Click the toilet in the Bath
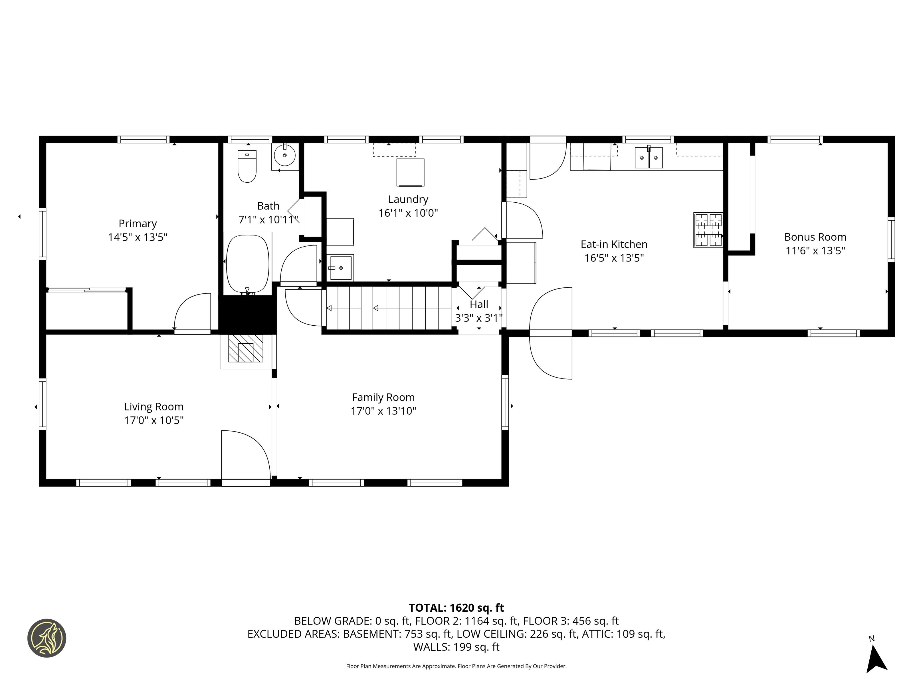[x=247, y=166]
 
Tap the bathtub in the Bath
[x=248, y=263]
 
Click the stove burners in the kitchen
[x=708, y=230]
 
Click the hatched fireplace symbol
[x=246, y=348]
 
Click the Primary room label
[x=138, y=223]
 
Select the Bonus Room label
[x=815, y=237]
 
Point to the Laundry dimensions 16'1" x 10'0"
[x=408, y=213]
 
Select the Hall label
[x=479, y=304]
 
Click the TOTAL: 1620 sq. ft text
[x=456, y=608]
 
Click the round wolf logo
[x=47, y=638]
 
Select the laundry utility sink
[x=341, y=267]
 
